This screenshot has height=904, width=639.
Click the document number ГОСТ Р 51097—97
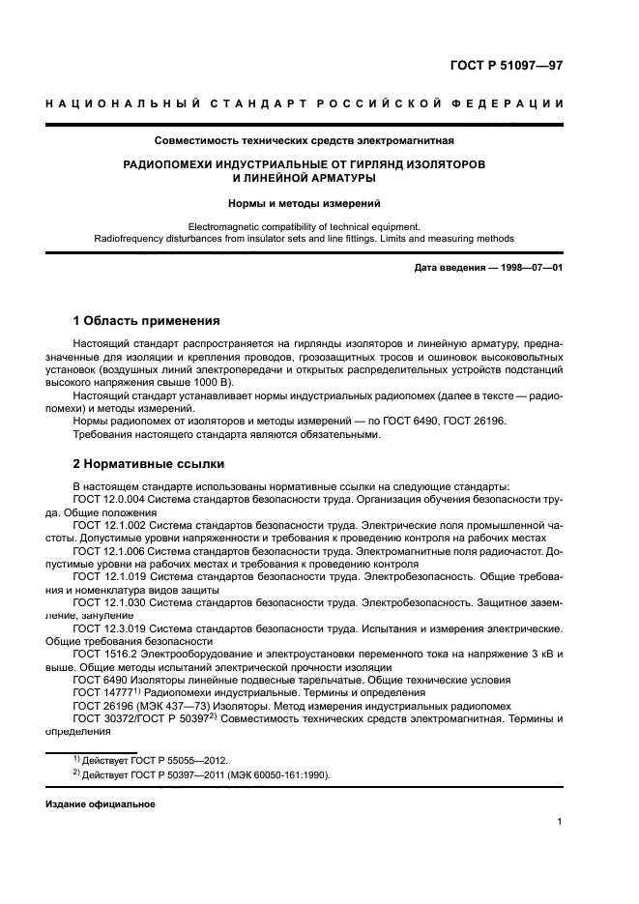507,66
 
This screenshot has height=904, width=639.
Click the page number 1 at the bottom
560,822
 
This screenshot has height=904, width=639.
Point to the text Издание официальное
100,803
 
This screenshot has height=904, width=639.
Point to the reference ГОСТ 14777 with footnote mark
107,694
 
